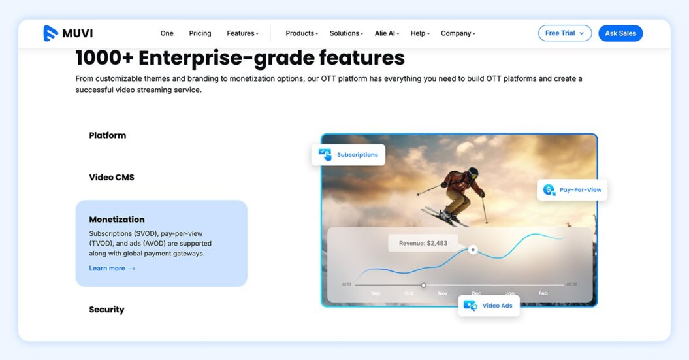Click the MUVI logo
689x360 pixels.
(x=68, y=33)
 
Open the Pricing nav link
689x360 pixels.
(x=200, y=33)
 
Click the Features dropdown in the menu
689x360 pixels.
(x=242, y=33)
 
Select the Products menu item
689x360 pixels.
(x=301, y=33)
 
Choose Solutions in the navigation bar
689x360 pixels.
(x=345, y=33)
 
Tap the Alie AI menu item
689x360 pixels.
(x=387, y=33)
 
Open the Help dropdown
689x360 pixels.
(x=419, y=33)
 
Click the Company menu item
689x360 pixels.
(x=457, y=33)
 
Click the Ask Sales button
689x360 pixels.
(x=620, y=33)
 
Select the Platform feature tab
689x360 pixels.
(x=108, y=135)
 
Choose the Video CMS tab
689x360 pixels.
(x=112, y=177)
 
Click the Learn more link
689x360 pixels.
(x=112, y=268)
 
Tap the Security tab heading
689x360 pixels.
(x=106, y=310)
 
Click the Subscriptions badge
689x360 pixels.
(x=348, y=155)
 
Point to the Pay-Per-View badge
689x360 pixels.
(x=572, y=190)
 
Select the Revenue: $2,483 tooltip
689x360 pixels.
(x=423, y=243)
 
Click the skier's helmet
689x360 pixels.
(x=472, y=173)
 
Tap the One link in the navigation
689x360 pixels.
(x=167, y=33)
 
